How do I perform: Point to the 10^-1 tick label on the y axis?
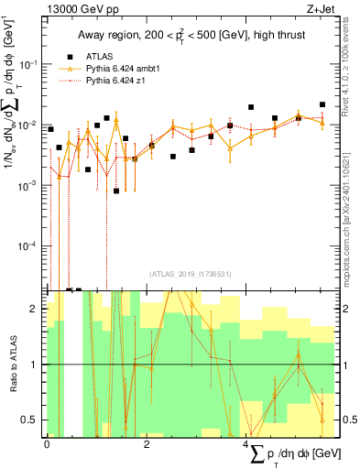click(x=28, y=64)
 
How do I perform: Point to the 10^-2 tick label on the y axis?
click(x=28, y=125)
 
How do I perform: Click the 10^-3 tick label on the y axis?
click(x=28, y=185)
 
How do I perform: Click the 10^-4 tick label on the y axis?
click(x=28, y=246)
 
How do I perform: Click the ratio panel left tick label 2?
click(x=36, y=309)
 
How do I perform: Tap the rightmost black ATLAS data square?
click(x=322, y=105)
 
